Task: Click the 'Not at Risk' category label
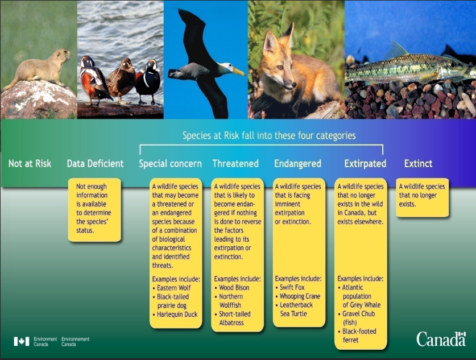tap(30, 164)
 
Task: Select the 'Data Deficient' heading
tap(95, 164)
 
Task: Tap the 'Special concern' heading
tap(171, 164)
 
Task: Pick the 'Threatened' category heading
tap(235, 164)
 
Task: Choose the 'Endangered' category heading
tap(297, 164)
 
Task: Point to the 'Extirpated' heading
tap(365, 164)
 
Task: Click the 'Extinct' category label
tap(419, 164)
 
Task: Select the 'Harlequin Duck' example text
tap(177, 314)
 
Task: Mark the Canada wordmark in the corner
tap(441, 339)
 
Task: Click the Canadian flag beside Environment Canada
tap(21, 341)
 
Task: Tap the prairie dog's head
tap(61, 56)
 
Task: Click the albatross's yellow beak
tap(237, 71)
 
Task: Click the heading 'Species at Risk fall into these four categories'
tap(268, 136)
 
